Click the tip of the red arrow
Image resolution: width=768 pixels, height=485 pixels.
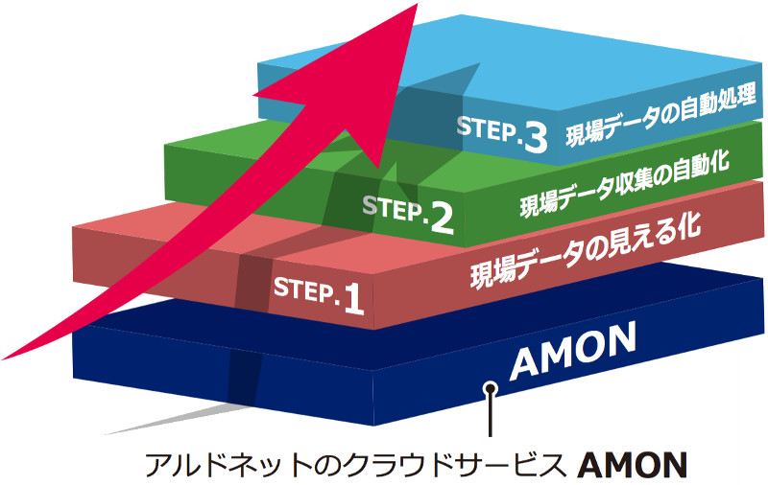click(415, 6)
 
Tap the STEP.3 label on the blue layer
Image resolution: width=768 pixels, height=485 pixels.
click(501, 134)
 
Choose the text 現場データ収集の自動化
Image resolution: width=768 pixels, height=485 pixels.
click(624, 182)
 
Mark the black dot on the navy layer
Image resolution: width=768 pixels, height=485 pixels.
click(491, 388)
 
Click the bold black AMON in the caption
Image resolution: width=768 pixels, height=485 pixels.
click(635, 465)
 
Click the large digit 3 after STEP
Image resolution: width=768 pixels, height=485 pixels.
click(534, 138)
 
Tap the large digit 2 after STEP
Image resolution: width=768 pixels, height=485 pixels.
click(442, 217)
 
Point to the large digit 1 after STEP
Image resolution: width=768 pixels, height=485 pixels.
click(353, 299)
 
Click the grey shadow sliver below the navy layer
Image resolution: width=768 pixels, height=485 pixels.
click(173, 419)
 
